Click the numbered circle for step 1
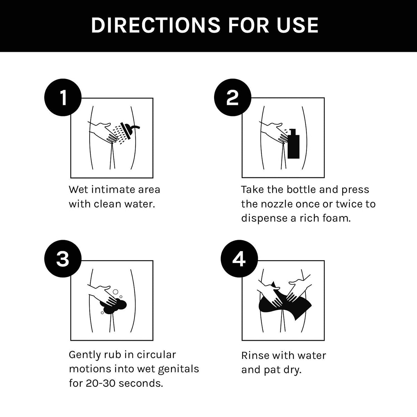[x=63, y=98]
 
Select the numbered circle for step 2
[x=232, y=98]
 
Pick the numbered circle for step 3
[x=63, y=259]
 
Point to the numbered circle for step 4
[x=239, y=259]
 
